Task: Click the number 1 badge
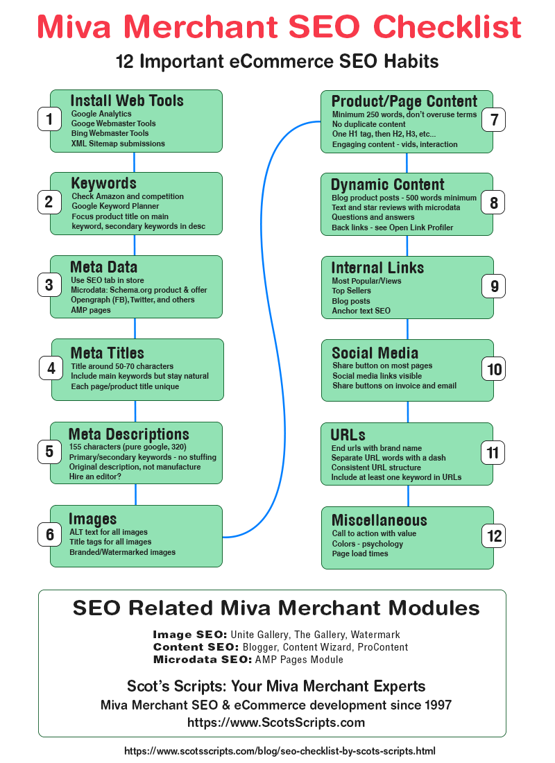pos(49,119)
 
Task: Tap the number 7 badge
pos(494,119)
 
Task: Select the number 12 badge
pos(494,536)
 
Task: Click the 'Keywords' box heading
pos(104,184)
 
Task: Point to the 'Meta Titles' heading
pos(108,353)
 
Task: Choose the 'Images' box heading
pos(92,519)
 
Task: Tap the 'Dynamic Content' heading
pos(388,185)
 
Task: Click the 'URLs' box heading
pos(348,436)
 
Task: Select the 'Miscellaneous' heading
pos(379,520)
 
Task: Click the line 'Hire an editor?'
pos(96,477)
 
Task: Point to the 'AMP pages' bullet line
pos(91,310)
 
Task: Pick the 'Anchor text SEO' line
pos(361,311)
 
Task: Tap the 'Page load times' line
pos(360,554)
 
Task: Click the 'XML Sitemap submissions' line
pos(118,144)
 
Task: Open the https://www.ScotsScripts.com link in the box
pos(276,723)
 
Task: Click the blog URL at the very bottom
pos(280,751)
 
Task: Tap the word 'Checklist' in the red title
pos(447,27)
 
